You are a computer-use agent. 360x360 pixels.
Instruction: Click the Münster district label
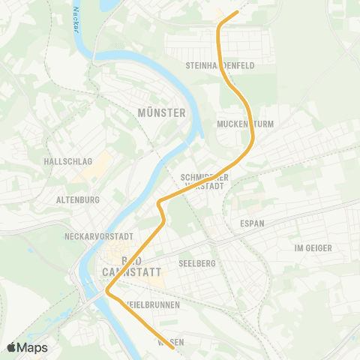pyautogui.click(x=161, y=112)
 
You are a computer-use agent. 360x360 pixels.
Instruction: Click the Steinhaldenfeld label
pyautogui.click(x=220, y=66)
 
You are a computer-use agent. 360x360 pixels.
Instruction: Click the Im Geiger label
pyautogui.click(x=312, y=247)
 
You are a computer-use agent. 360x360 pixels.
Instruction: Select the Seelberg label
pyautogui.click(x=197, y=263)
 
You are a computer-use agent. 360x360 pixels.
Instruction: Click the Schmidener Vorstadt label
pyautogui.click(x=204, y=182)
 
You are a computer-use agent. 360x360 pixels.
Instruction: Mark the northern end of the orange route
pyautogui.click(x=237, y=11)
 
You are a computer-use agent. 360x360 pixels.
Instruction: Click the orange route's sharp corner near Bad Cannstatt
pyautogui.click(x=106, y=292)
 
